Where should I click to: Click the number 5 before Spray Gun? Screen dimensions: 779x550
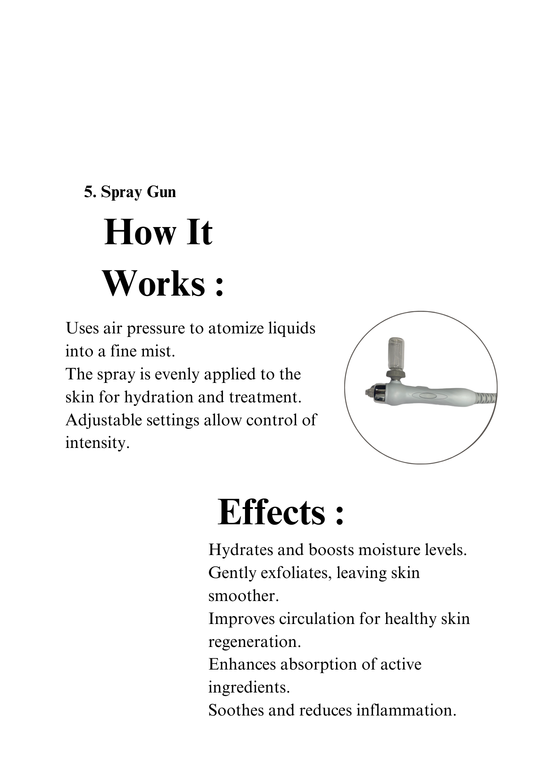(88, 192)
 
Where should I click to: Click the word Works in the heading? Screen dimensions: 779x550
(154, 284)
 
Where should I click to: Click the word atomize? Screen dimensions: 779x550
(236, 328)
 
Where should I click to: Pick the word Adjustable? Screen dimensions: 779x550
(103, 420)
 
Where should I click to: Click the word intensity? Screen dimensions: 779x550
(97, 443)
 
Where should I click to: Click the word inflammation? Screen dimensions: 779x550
(406, 710)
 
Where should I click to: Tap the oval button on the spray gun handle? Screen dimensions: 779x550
(426, 395)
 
